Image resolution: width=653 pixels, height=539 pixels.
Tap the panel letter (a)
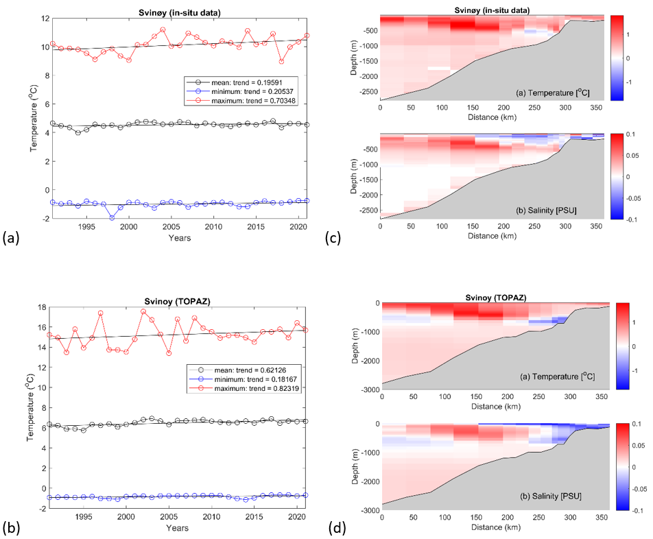tap(12, 237)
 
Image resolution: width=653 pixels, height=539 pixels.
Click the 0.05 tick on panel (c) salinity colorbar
tap(639, 155)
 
